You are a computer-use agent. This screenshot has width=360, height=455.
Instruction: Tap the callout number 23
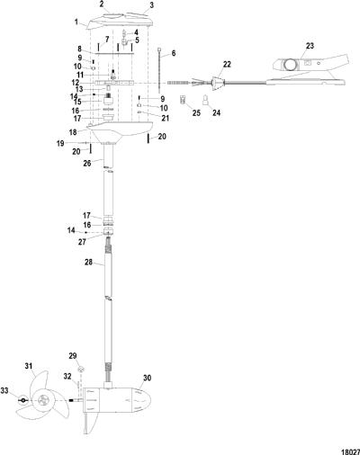pyautogui.click(x=310, y=46)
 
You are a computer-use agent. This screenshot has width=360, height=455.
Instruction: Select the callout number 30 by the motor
pyautogui.click(x=147, y=378)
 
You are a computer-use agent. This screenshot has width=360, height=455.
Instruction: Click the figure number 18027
pyautogui.click(x=350, y=450)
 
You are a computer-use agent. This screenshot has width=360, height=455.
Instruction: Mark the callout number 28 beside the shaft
pyautogui.click(x=89, y=262)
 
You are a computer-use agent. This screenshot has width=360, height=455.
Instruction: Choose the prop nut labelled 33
pyautogui.click(x=23, y=400)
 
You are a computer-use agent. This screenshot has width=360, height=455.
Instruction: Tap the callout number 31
pyautogui.click(x=29, y=366)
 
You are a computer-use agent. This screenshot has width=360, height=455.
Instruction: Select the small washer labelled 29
pyautogui.click(x=81, y=369)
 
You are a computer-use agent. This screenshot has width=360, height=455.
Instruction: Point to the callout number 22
pyautogui.click(x=227, y=64)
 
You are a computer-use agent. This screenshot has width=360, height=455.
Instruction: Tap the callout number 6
pyautogui.click(x=174, y=53)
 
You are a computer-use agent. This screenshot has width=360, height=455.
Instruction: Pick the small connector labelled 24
pyautogui.click(x=206, y=100)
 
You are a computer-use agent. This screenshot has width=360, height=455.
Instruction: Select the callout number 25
pyautogui.click(x=196, y=112)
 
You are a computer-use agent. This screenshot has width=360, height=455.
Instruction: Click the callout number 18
pyautogui.click(x=73, y=132)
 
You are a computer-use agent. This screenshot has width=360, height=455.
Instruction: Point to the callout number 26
pyautogui.click(x=87, y=164)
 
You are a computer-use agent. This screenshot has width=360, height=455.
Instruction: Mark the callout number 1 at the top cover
pyautogui.click(x=76, y=22)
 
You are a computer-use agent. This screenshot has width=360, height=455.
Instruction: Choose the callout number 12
pyautogui.click(x=76, y=83)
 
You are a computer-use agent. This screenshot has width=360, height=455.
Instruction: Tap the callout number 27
pyautogui.click(x=82, y=242)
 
